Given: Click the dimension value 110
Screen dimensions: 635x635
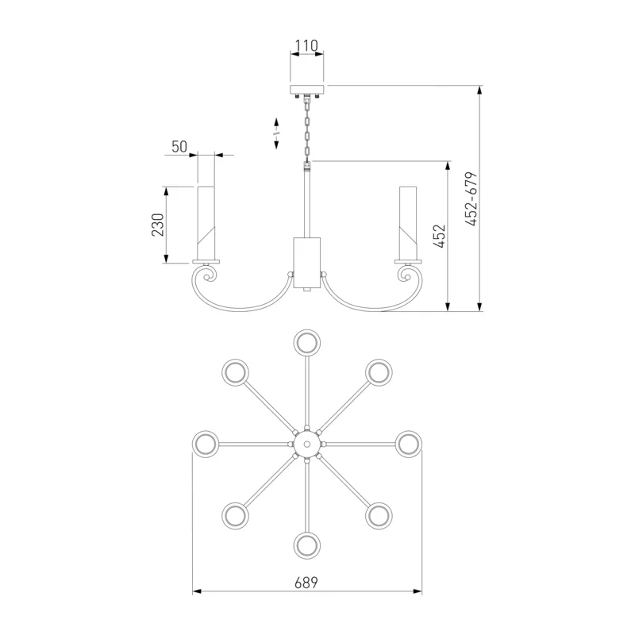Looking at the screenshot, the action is click(x=306, y=46).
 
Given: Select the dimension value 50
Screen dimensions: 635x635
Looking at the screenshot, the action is click(x=179, y=147).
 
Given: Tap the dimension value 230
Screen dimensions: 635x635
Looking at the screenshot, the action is click(x=157, y=225).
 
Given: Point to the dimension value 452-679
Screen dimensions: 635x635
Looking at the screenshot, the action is click(x=471, y=199).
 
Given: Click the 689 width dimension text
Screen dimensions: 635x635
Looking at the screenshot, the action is click(x=306, y=583).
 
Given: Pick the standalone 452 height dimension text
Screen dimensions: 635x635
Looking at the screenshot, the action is click(x=439, y=236).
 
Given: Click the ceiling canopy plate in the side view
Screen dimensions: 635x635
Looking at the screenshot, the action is click(x=307, y=89).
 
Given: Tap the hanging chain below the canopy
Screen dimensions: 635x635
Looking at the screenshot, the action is click(x=307, y=129).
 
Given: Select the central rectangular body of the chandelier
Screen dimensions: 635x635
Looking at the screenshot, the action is click(x=307, y=263).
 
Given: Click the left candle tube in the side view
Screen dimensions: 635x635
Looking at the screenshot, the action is click(x=206, y=223).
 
